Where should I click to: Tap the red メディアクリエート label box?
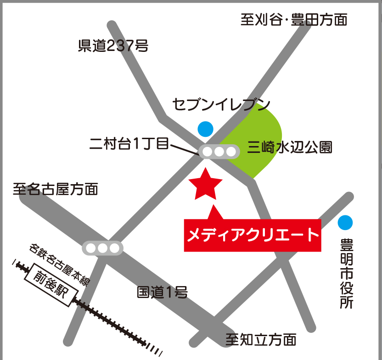pos(252,235)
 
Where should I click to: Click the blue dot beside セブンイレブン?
pos(205,129)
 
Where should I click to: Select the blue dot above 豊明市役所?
pos(345,223)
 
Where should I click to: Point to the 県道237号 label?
pos(113,46)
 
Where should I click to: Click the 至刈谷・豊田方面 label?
pos(294,20)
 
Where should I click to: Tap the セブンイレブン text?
pos(221,105)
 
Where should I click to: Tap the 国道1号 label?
pos(163,292)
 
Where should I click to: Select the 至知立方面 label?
pos(261,340)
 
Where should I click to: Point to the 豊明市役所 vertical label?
pos(346,273)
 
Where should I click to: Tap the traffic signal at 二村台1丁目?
pos(219,152)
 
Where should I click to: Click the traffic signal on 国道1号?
pos(102,248)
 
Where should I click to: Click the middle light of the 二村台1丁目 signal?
pos(219,152)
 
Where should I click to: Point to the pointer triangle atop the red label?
pos(214,213)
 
